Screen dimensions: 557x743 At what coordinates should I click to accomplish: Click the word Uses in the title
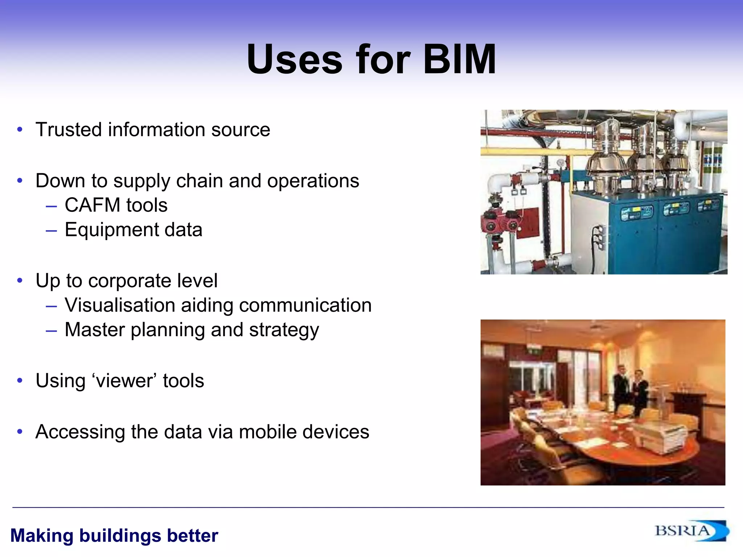[x=294, y=59]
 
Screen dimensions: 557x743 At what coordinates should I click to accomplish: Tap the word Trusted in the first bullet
[x=69, y=129]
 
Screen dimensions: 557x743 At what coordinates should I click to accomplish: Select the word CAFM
[x=93, y=205]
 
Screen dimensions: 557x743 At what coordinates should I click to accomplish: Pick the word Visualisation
[x=120, y=305]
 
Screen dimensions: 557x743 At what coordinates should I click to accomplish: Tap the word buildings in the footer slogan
[x=120, y=536]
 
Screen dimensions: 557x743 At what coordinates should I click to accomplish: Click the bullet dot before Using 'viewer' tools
[x=20, y=381]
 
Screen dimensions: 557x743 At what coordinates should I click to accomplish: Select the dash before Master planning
[x=52, y=331]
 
